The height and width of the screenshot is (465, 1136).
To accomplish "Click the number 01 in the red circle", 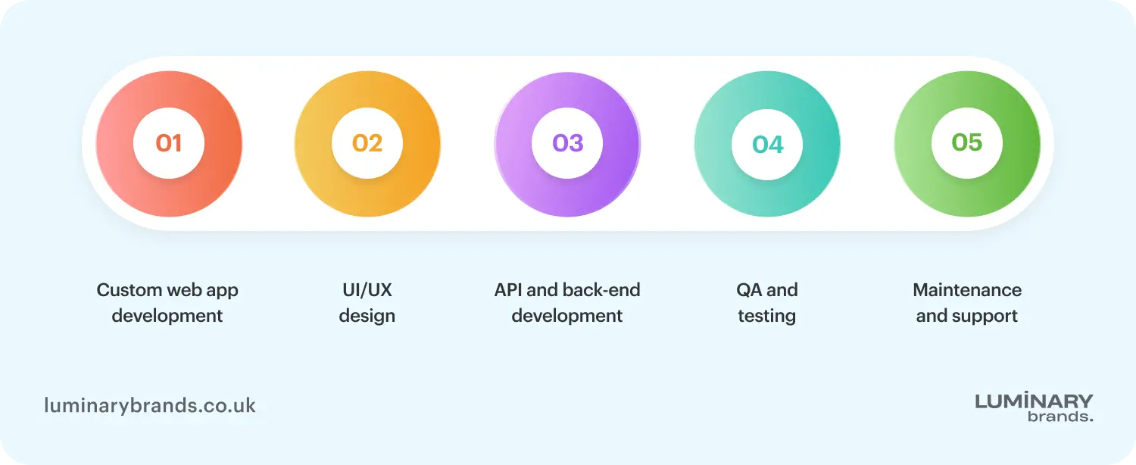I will pyautogui.click(x=168, y=143).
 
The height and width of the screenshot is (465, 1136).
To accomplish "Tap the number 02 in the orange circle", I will pyautogui.click(x=367, y=143).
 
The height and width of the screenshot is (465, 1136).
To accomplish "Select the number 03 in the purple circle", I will pyautogui.click(x=567, y=143).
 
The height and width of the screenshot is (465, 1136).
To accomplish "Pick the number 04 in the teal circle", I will pyautogui.click(x=767, y=145).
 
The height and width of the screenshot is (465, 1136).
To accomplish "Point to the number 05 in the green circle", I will pyautogui.click(x=967, y=142).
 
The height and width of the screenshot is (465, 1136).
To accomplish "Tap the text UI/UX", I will pyautogui.click(x=367, y=290).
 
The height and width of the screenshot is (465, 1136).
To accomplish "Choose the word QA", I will pyautogui.click(x=749, y=290).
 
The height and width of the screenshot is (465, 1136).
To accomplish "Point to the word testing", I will pyautogui.click(x=767, y=316).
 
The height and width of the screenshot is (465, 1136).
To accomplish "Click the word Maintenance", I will pyautogui.click(x=967, y=290).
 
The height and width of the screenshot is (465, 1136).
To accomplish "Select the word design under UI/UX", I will pyautogui.click(x=367, y=316).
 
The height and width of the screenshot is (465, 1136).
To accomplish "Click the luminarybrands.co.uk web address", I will pyautogui.click(x=150, y=406).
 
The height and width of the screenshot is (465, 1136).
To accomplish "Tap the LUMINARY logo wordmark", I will pyautogui.click(x=1034, y=401).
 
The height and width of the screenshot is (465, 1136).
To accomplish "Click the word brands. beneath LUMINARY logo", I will pyautogui.click(x=1060, y=416).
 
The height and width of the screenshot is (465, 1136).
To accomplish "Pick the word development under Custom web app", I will pyautogui.click(x=167, y=316).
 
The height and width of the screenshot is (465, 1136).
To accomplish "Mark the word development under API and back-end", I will pyautogui.click(x=567, y=316).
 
